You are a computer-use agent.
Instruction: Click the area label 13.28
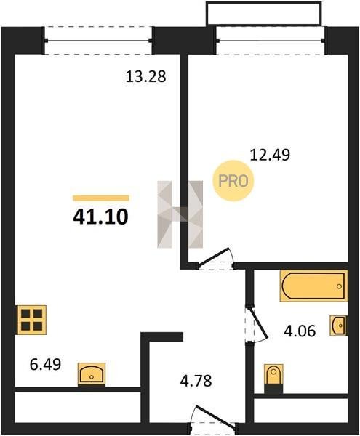point(145,76)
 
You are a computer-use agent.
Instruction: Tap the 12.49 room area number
point(270,155)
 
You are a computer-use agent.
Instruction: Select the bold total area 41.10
point(100,217)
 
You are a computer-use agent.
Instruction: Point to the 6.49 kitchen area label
point(45,364)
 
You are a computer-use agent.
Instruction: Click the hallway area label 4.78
point(196,381)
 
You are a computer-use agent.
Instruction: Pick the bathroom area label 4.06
point(300,331)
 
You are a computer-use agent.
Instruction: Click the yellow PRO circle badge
point(233,181)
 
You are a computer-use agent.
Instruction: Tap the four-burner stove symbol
point(32,320)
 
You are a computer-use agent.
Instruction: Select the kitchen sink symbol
point(92,374)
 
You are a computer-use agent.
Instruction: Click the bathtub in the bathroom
point(313,286)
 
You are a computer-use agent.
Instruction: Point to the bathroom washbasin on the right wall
point(339,326)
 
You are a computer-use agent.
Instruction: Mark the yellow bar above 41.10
point(100,198)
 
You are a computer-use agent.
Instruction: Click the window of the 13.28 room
point(98,41)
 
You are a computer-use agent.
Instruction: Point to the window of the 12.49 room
point(271,41)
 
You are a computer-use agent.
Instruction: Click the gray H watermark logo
point(180,214)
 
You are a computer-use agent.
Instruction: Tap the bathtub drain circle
point(339,286)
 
